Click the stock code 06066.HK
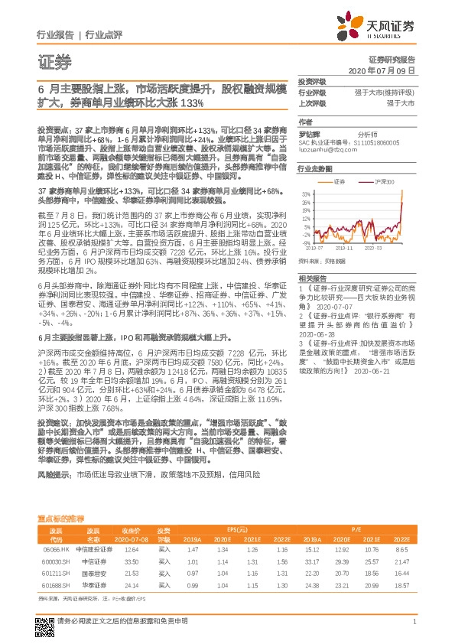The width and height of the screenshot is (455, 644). pyautogui.click(x=54, y=549)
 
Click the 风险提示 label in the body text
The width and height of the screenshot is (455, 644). pyautogui.click(x=53, y=474)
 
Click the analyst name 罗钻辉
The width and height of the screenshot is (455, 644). pyautogui.click(x=308, y=133)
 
